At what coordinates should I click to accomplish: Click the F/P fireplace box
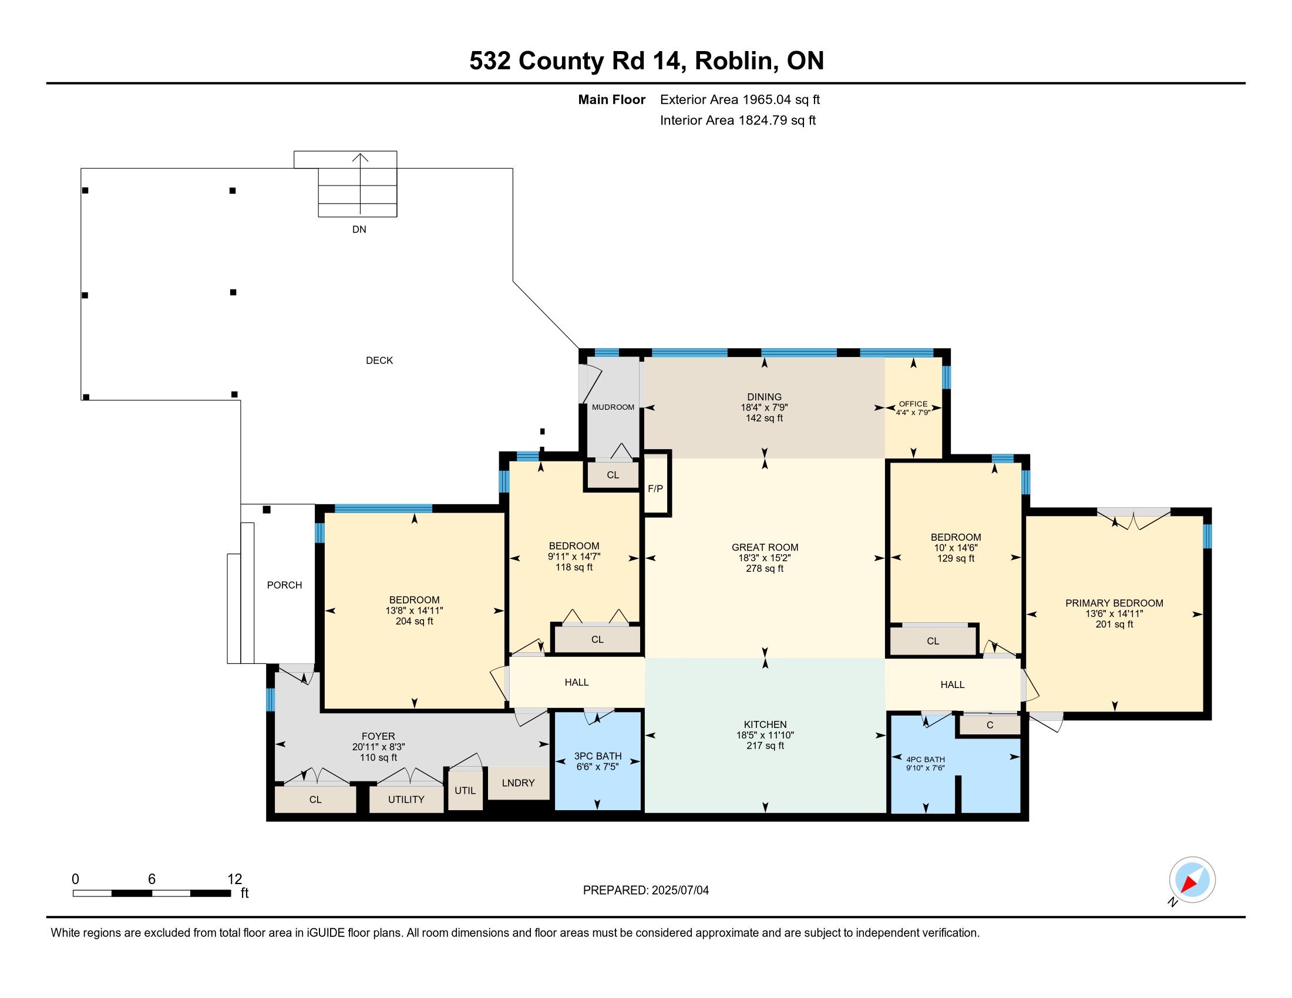(x=655, y=484)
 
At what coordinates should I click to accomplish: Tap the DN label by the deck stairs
(x=359, y=230)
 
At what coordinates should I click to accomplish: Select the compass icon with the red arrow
(x=1192, y=880)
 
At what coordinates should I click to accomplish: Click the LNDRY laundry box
(x=518, y=783)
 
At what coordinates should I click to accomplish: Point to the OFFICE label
(x=913, y=404)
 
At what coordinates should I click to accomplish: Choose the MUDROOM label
(x=613, y=407)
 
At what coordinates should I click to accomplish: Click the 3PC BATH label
(x=597, y=756)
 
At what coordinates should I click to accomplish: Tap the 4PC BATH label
(x=925, y=759)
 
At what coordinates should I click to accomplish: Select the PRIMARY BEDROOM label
(x=1114, y=603)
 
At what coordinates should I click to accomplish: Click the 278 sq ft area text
(x=764, y=568)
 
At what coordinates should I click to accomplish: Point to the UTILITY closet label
(x=406, y=800)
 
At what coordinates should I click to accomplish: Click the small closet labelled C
(x=990, y=725)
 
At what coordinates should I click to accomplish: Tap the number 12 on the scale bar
(x=235, y=879)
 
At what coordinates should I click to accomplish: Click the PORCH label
(x=285, y=585)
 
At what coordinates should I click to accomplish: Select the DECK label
(x=379, y=360)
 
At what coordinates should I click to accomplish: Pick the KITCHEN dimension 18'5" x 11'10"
(x=765, y=735)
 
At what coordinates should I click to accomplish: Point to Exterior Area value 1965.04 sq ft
(x=780, y=99)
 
